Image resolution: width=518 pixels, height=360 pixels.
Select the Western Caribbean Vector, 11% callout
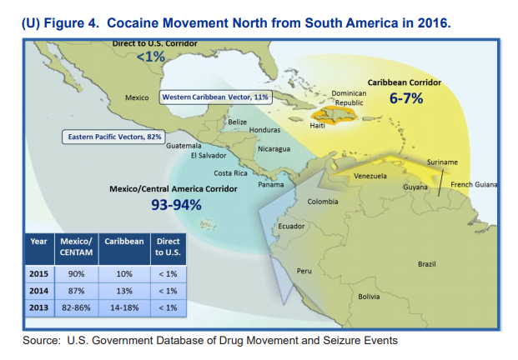tap(215, 97)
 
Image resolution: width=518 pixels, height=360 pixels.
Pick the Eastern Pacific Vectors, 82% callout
tap(114, 136)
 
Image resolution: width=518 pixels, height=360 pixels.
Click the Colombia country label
tap(322, 202)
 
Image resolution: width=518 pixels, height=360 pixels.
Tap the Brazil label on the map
tap(426, 264)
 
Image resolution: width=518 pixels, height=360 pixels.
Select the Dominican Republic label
tap(349, 97)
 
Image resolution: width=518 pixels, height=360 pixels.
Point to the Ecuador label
tap(291, 227)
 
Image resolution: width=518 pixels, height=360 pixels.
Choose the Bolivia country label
tap(369, 297)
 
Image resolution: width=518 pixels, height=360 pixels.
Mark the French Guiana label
tap(473, 184)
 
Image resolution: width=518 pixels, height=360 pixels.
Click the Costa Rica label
tap(230, 172)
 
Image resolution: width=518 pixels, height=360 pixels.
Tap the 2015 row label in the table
tap(39, 273)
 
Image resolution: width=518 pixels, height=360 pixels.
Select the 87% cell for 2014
tap(77, 291)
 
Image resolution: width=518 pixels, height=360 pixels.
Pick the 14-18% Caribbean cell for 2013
tap(124, 308)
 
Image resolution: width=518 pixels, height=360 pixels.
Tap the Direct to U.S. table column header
tap(168, 247)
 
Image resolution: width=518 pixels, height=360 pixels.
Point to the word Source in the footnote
tap(41, 340)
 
